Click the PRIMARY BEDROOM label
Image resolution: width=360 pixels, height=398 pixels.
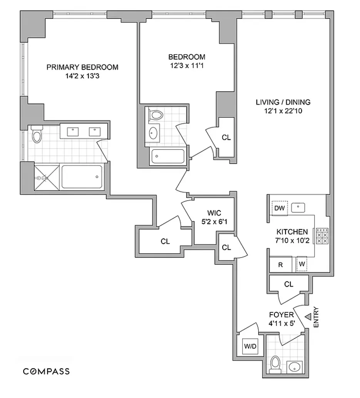click(x=82, y=67)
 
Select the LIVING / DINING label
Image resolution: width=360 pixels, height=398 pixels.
click(x=283, y=102)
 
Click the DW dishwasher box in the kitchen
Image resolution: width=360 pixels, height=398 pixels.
click(x=279, y=208)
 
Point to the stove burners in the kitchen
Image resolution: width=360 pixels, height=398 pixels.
click(x=322, y=236)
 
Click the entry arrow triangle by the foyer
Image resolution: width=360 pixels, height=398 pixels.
click(x=308, y=317)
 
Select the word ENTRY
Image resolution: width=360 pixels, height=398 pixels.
click(x=316, y=317)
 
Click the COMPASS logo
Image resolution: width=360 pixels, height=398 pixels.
click(x=47, y=371)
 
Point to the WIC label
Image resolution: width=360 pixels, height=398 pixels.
click(x=214, y=213)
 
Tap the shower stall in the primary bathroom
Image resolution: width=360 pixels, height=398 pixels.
click(x=47, y=178)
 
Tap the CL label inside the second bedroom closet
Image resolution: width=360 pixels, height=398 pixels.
click(x=226, y=138)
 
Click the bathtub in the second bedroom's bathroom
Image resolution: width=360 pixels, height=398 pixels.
click(x=168, y=156)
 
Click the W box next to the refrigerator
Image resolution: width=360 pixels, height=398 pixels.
click(x=302, y=265)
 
